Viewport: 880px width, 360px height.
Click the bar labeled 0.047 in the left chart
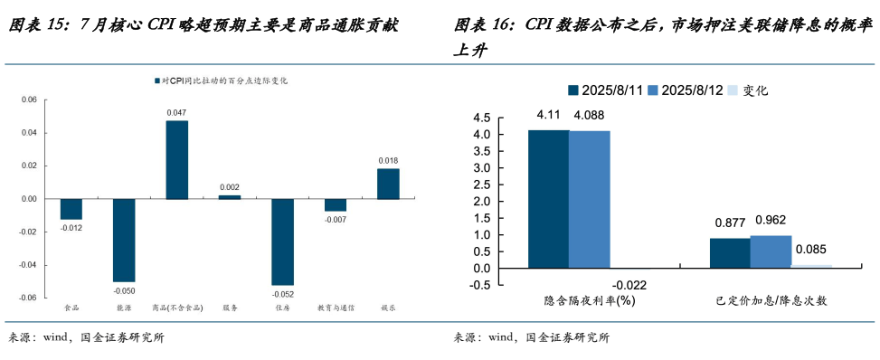coord(176,159)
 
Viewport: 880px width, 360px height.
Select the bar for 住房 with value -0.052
coord(282,242)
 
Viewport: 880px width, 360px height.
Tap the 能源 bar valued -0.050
coord(124,240)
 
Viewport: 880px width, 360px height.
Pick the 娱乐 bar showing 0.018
coord(388,184)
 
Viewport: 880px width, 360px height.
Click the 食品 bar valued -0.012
coord(71,209)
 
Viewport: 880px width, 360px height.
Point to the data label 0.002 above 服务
coord(230,187)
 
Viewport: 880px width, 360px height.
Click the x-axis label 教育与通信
coord(335,308)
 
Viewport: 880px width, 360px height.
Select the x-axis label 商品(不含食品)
coord(176,308)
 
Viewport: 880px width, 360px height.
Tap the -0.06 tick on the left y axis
coord(28,298)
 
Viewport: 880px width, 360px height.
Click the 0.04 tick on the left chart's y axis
coord(30,133)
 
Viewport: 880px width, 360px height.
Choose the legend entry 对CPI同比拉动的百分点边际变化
coord(220,81)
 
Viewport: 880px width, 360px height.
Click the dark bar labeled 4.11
coord(548,199)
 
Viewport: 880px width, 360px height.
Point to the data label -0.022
coord(630,286)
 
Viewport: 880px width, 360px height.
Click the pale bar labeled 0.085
coord(811,266)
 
